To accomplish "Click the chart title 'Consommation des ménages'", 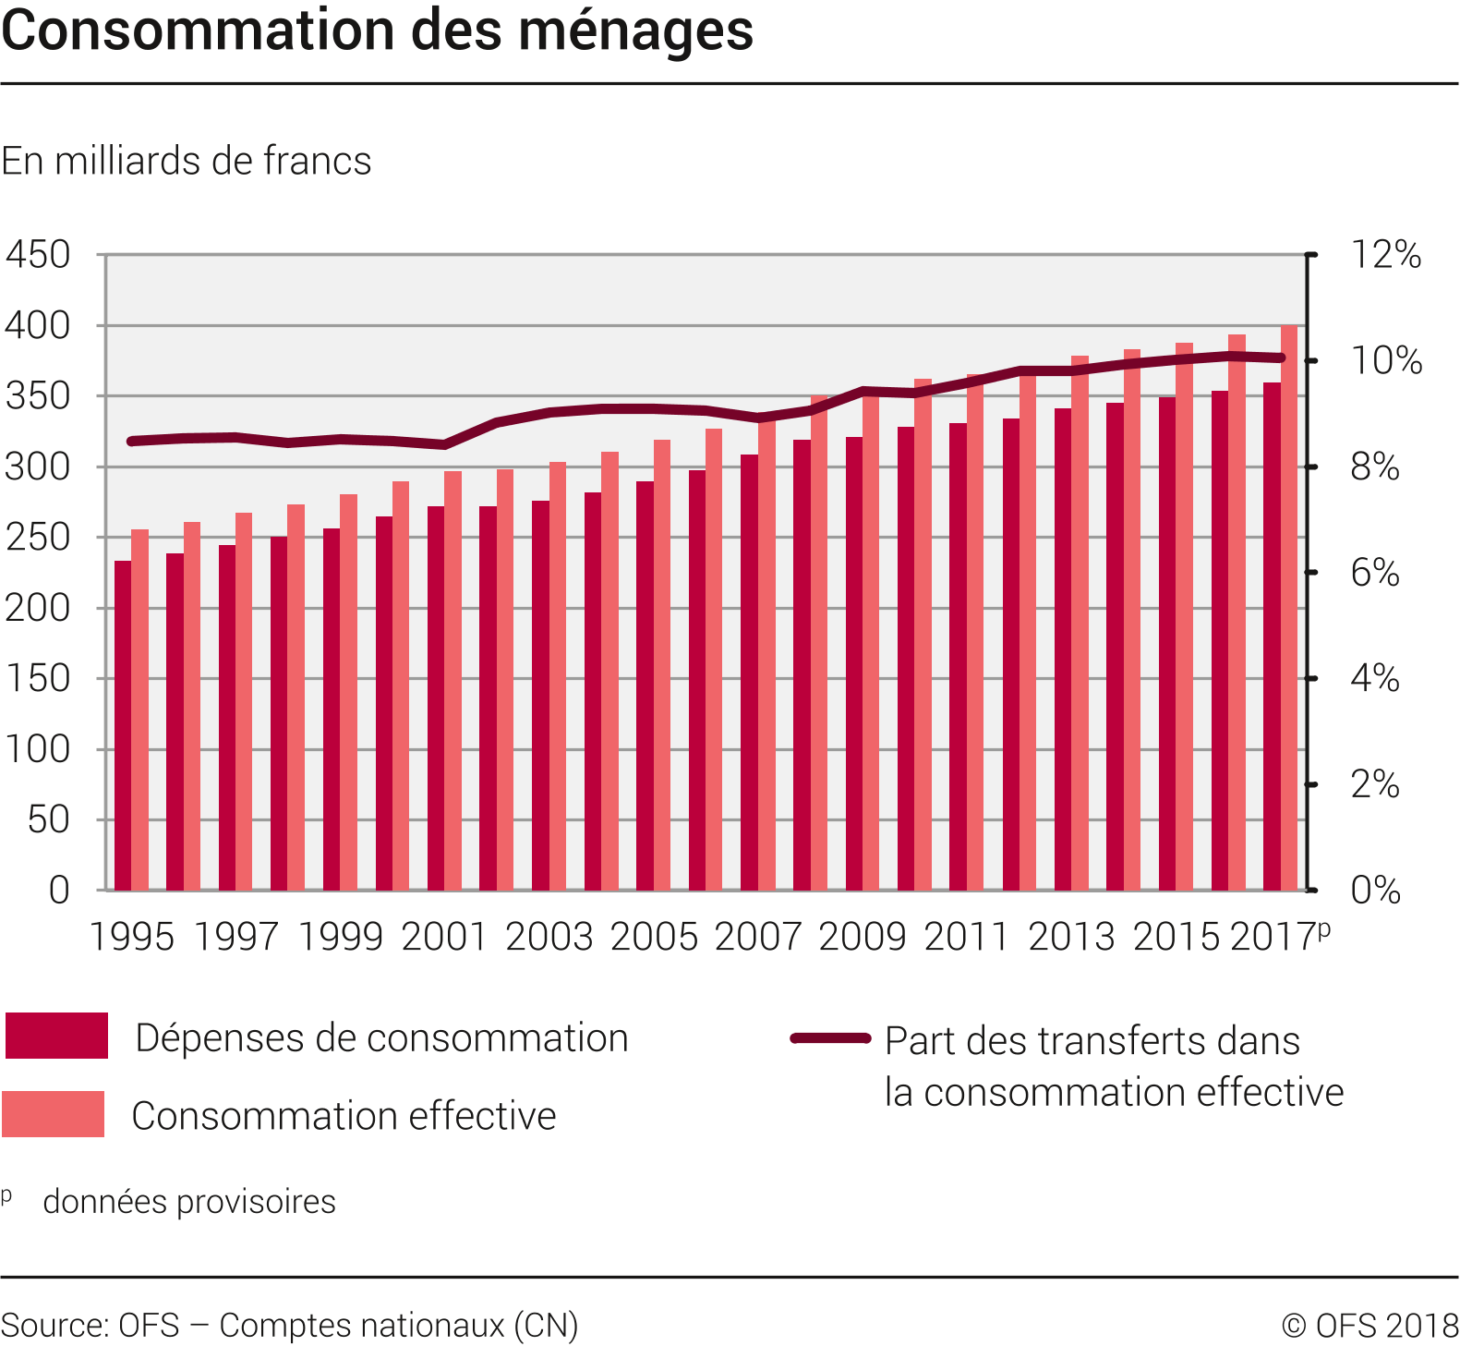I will (x=377, y=31).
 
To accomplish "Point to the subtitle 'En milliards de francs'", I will (x=187, y=161).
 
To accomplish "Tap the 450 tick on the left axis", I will (x=38, y=255).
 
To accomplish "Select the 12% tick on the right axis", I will (x=1385, y=255).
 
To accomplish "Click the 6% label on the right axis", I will (x=1374, y=574).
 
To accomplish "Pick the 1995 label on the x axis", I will (x=132, y=937).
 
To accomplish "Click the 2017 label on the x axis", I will (x=1273, y=937).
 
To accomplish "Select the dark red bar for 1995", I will (x=123, y=725).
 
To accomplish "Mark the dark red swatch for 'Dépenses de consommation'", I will (x=56, y=1036).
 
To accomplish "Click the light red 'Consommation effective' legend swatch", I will (x=53, y=1113).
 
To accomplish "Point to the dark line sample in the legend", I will (x=830, y=1038).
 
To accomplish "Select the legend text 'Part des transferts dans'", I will (x=1092, y=1041).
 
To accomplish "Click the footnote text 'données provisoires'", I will (x=189, y=1202).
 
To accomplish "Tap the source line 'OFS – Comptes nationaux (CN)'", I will (x=289, y=1325).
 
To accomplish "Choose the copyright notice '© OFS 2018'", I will (x=1370, y=1326).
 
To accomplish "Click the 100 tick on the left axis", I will (x=38, y=749).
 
